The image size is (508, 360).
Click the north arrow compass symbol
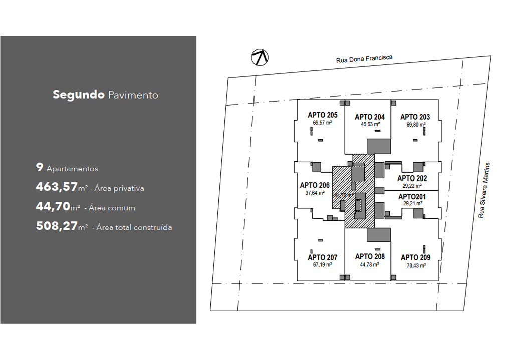(260, 57)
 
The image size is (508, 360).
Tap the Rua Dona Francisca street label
(364, 59)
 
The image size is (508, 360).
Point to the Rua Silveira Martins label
(484, 190)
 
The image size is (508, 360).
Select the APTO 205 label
(322, 115)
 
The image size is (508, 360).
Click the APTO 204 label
(370, 117)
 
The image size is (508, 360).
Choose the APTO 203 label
(415, 117)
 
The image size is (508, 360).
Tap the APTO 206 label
(315, 185)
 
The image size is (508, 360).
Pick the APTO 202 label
(412, 178)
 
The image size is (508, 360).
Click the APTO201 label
(412, 197)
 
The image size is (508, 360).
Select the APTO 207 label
(322, 257)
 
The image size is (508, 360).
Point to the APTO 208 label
(370, 257)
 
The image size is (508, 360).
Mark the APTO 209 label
(416, 257)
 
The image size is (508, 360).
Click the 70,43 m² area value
(416, 265)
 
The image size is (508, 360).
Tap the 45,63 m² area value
(370, 124)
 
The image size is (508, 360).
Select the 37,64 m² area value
(315, 193)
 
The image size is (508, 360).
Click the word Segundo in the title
(79, 95)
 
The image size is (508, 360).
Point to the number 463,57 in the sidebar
(57, 187)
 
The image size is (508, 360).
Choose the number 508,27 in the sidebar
(57, 226)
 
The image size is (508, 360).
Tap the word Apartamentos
(72, 169)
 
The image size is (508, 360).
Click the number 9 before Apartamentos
(39, 167)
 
